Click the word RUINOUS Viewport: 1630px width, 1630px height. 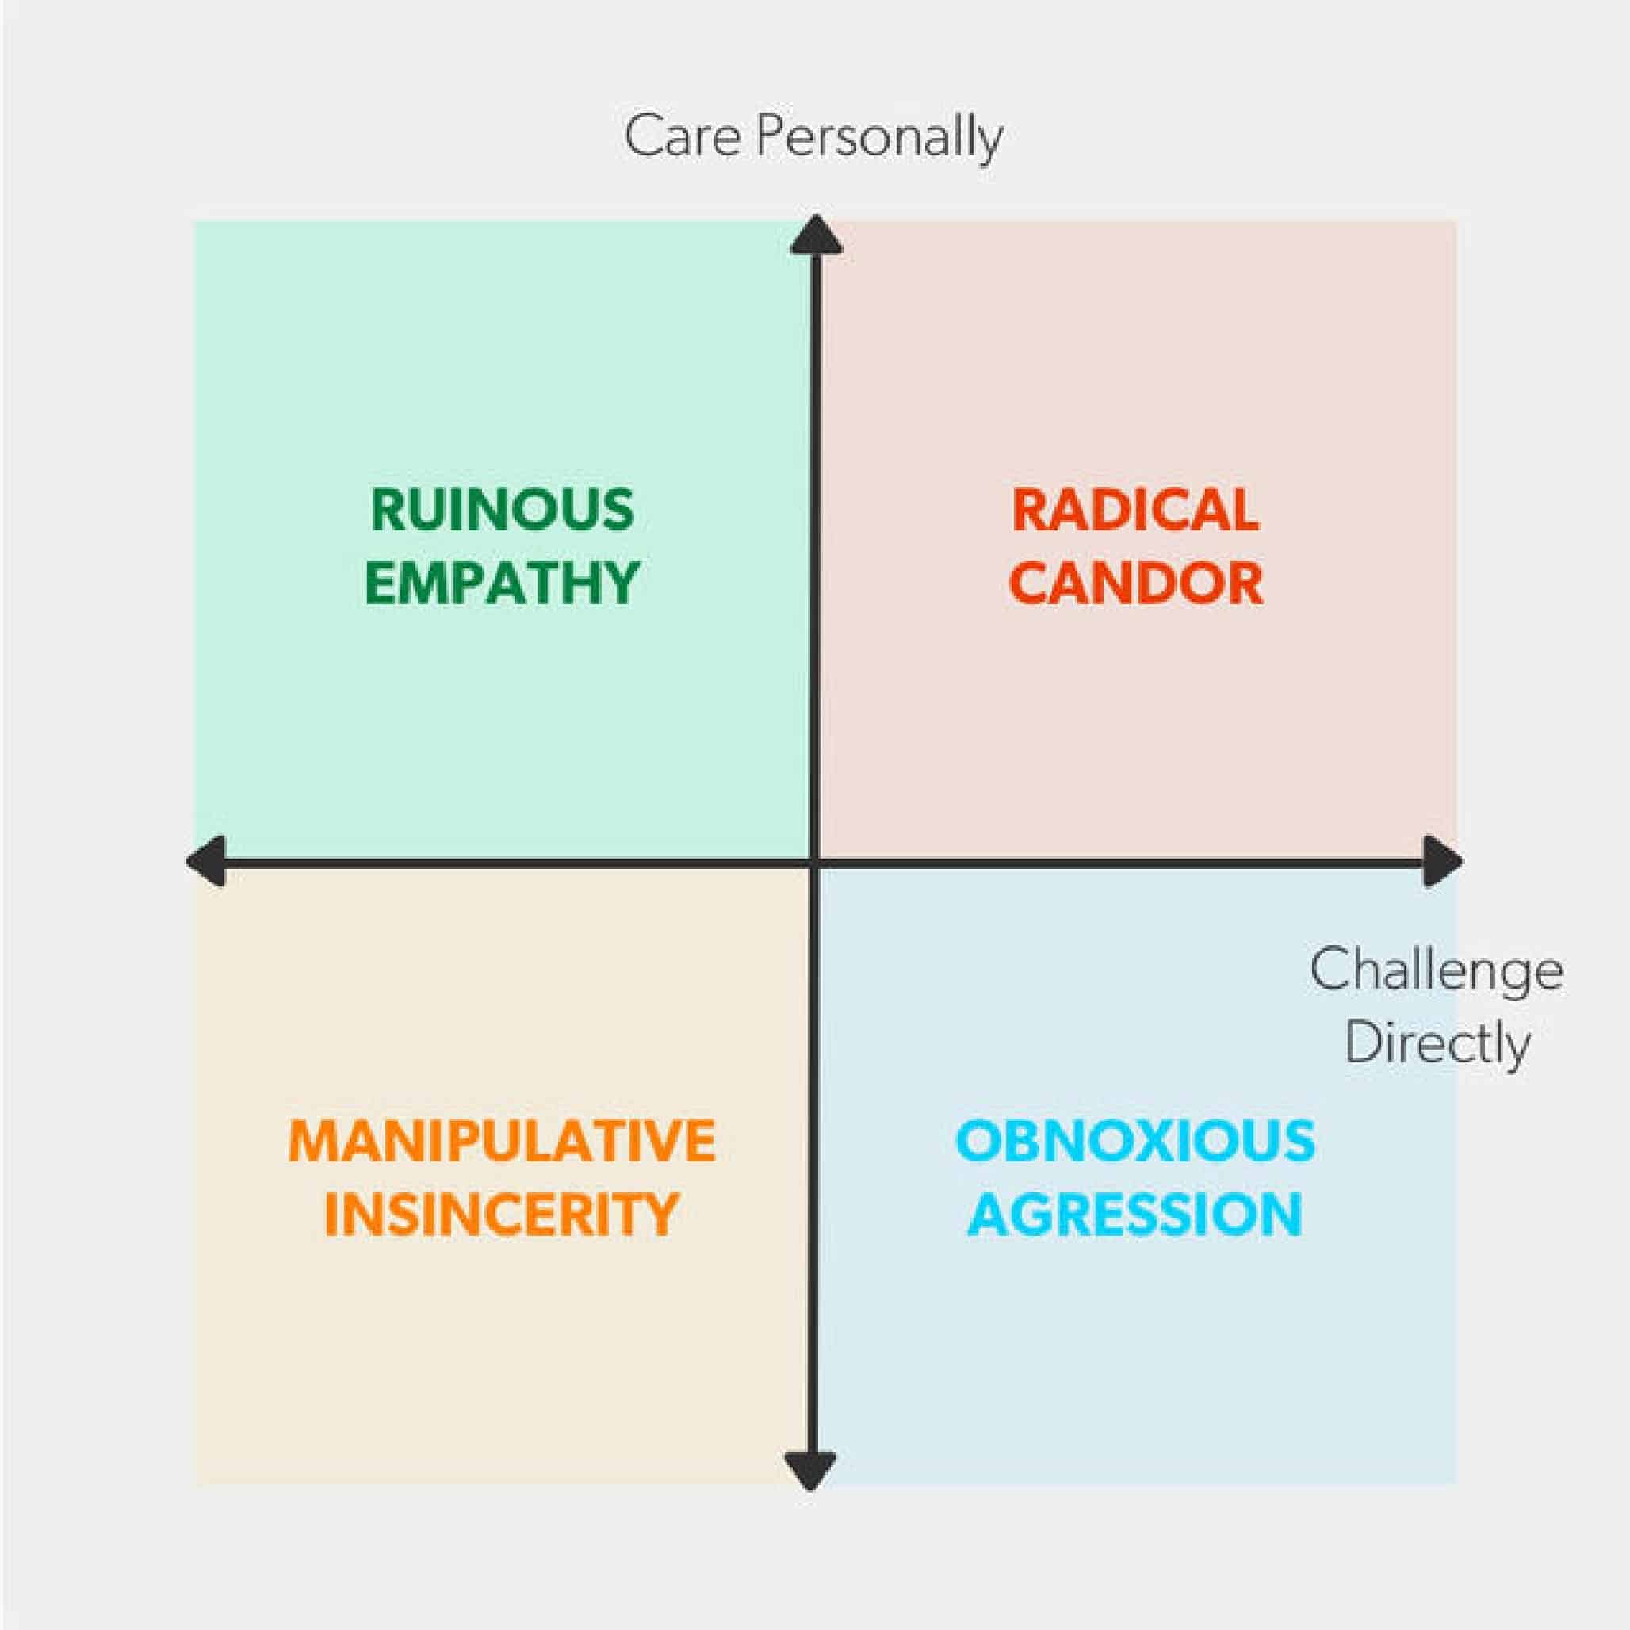coord(502,510)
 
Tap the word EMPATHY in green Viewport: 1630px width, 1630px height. coord(502,582)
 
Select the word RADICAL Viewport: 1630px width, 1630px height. coord(1135,510)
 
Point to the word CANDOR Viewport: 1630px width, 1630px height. coord(1135,582)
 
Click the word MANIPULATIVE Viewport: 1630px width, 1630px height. coord(502,1142)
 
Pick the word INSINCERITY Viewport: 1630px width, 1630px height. coord(502,1214)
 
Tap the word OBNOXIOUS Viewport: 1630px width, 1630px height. coord(1135,1141)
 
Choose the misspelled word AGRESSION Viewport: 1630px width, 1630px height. coord(1135,1214)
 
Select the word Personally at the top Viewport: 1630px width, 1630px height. coord(878,140)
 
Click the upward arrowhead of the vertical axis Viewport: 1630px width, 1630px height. coord(815,235)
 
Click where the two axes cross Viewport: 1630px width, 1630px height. coord(814,863)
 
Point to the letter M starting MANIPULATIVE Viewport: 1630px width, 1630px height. coord(314,1142)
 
